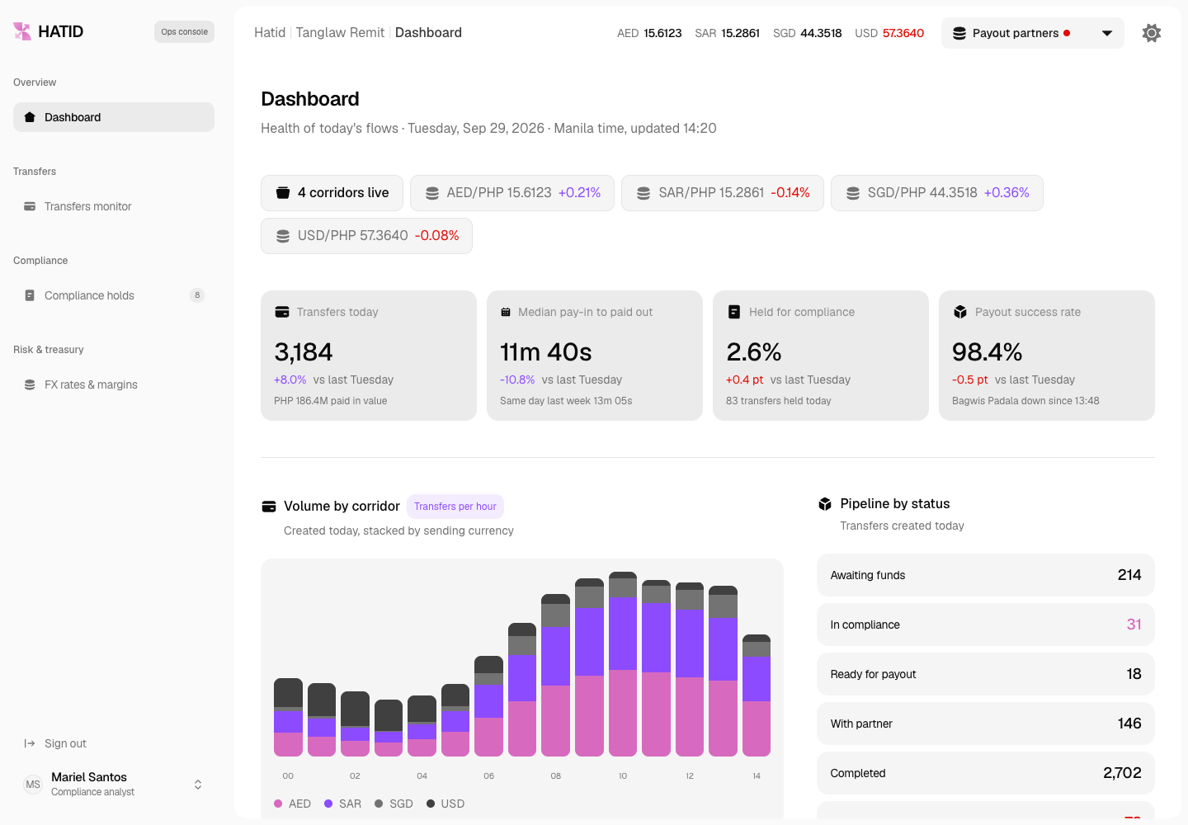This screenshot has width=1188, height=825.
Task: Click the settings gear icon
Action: click(1151, 33)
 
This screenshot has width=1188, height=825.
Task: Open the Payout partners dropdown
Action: click(1032, 33)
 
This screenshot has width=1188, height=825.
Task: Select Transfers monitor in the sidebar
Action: click(87, 206)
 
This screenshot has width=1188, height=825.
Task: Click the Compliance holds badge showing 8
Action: click(196, 295)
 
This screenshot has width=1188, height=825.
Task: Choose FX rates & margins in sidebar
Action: click(91, 384)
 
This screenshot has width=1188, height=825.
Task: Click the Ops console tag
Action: click(184, 32)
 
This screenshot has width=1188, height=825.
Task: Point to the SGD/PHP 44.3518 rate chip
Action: click(936, 193)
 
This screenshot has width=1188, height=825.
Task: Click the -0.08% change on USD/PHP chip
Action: click(436, 235)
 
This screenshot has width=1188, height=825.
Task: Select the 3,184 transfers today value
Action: click(304, 352)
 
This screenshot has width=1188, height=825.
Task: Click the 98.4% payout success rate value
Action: click(987, 352)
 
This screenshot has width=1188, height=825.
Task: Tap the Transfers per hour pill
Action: click(455, 507)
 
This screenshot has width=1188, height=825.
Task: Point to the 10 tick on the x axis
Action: click(623, 775)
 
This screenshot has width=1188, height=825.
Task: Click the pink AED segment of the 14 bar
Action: click(757, 728)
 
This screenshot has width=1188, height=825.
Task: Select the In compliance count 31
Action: click(1134, 625)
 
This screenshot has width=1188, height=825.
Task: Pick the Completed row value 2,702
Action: click(1122, 773)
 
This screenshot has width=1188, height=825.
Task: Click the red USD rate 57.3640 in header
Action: click(903, 33)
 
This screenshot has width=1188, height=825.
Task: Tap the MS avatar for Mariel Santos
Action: click(33, 785)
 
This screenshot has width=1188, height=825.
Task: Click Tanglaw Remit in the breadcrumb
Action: click(340, 33)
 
